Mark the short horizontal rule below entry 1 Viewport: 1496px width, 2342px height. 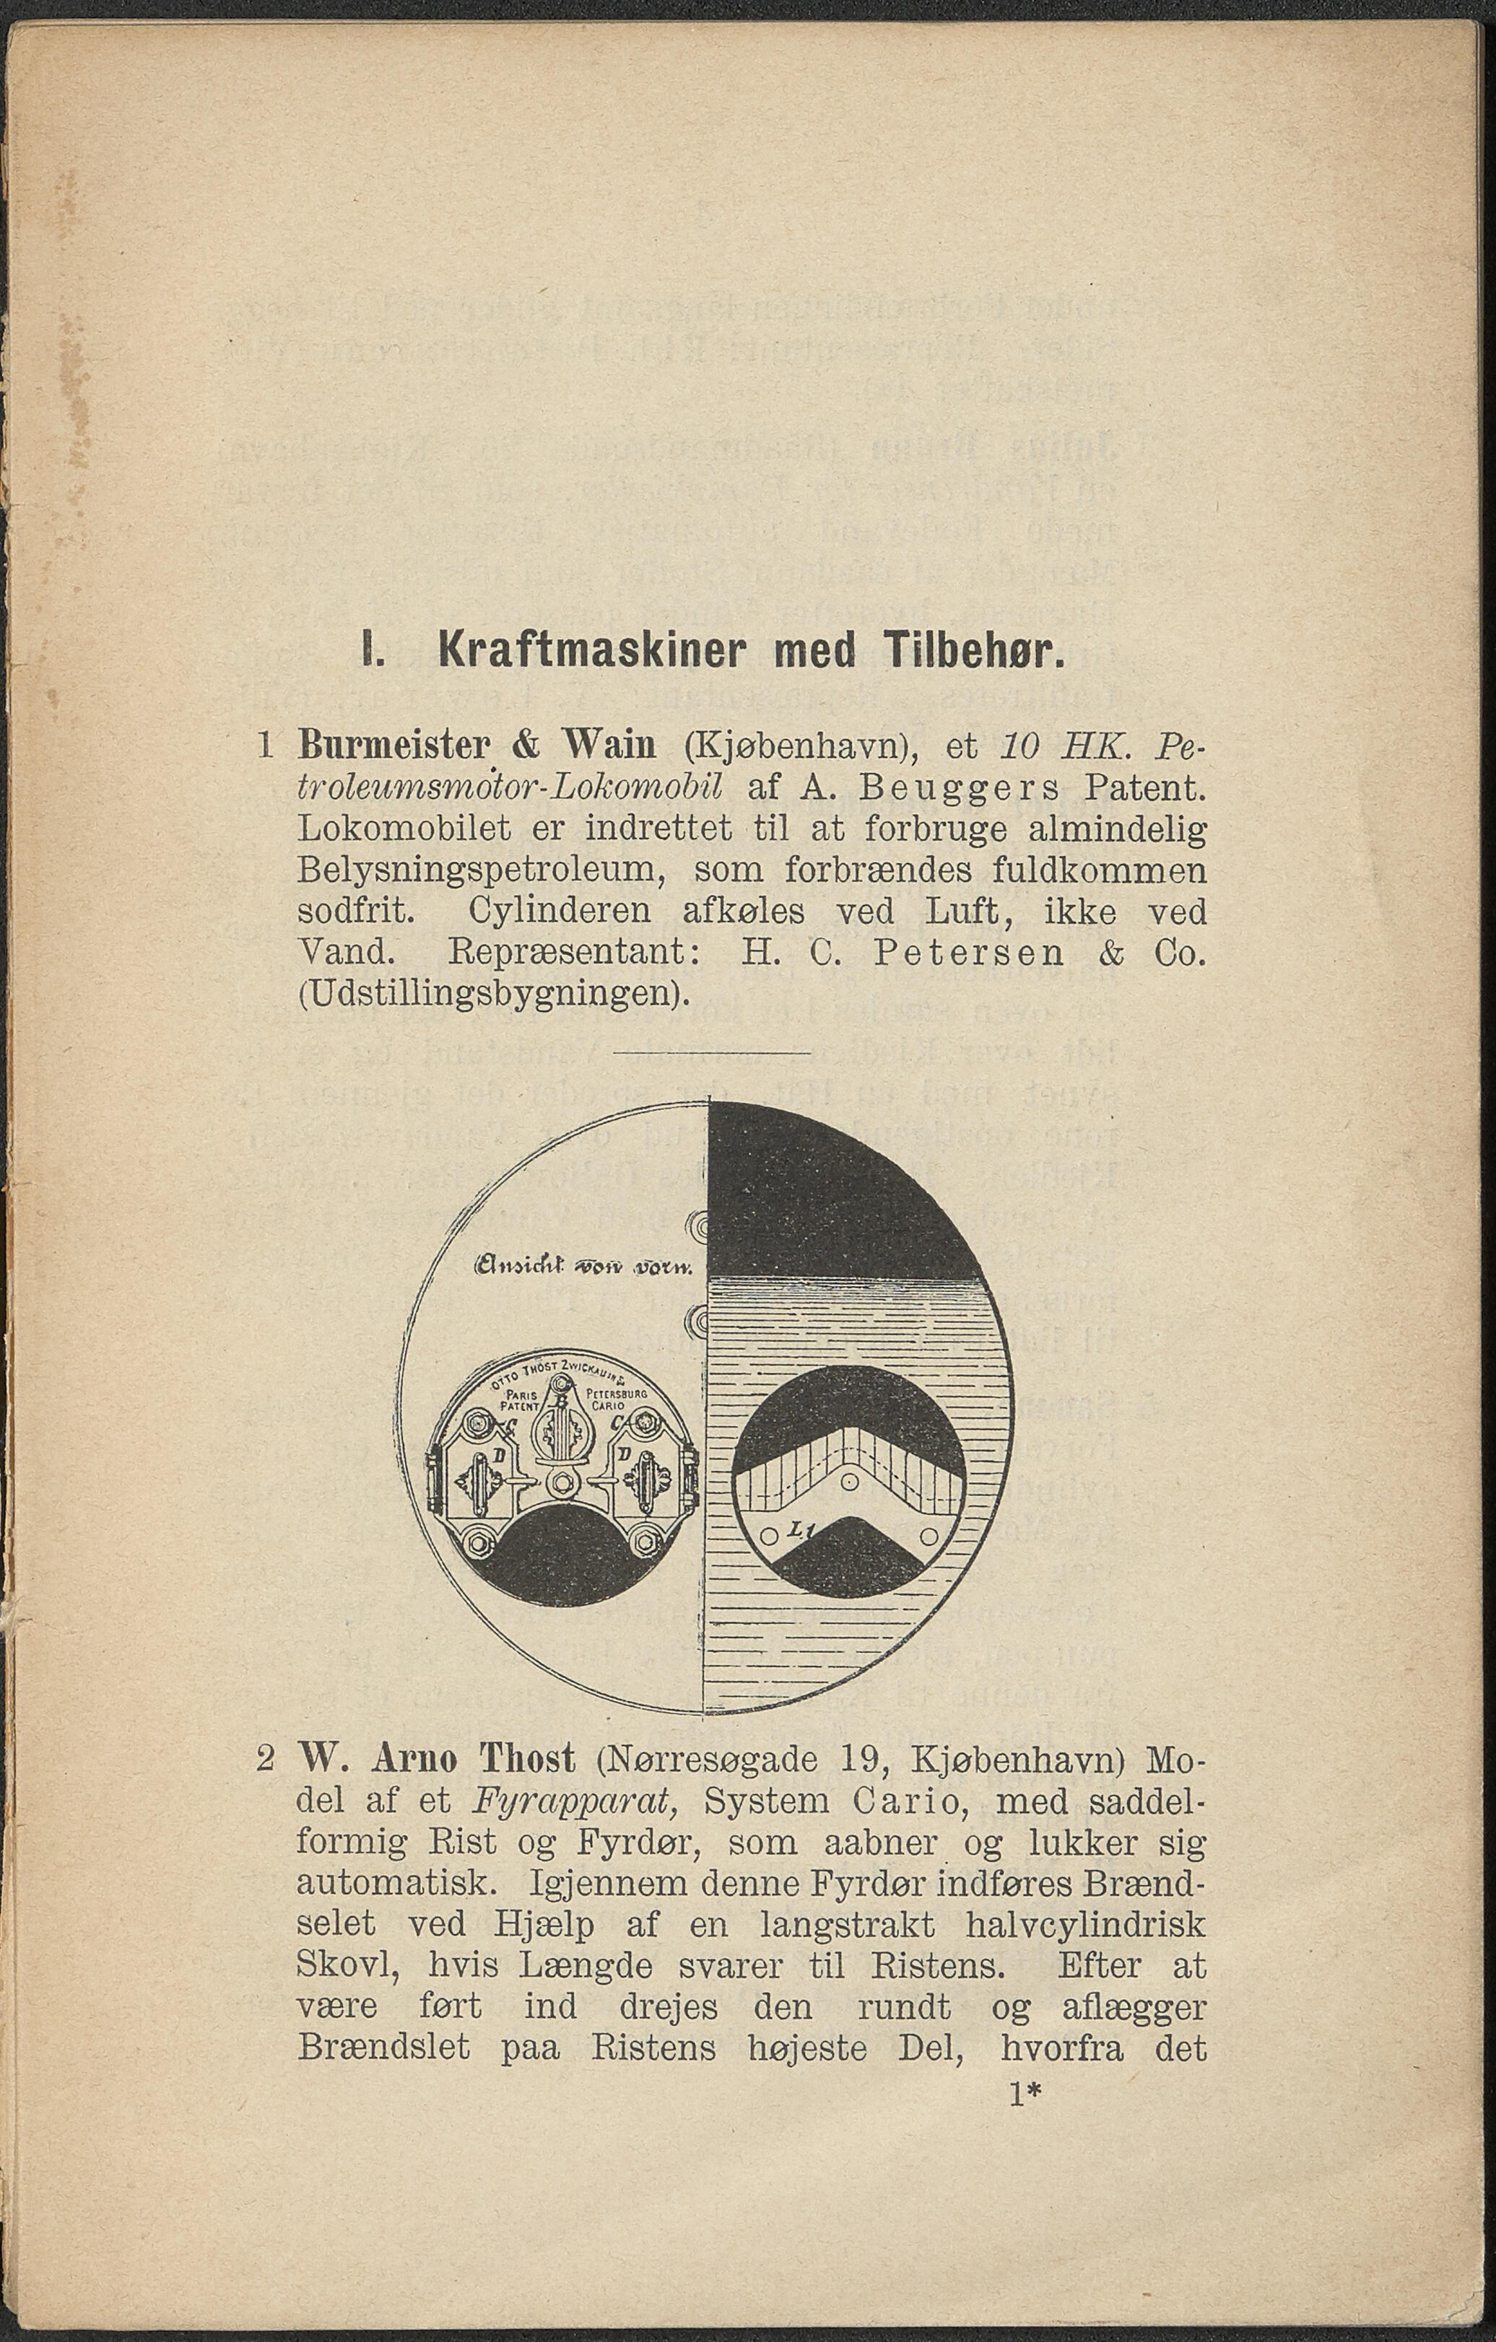[x=711, y=1052]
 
